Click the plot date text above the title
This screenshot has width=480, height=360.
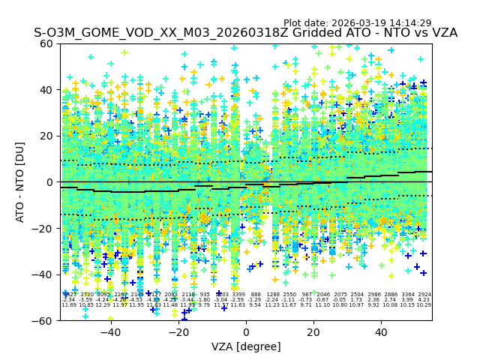(x=357, y=23)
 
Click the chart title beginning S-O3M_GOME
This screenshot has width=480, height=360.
(x=245, y=34)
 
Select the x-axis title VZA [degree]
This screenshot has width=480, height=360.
(x=246, y=346)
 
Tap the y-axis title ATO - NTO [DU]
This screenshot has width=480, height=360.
(x=20, y=182)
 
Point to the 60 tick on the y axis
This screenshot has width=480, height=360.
(x=46, y=43)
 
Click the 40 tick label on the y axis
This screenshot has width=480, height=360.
(x=46, y=90)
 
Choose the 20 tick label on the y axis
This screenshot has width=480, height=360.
(x=46, y=136)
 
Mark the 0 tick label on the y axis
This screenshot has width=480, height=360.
(x=49, y=182)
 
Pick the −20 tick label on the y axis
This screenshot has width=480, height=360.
(x=43, y=228)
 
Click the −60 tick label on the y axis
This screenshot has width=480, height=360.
(x=43, y=320)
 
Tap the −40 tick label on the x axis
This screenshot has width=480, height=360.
(x=109, y=331)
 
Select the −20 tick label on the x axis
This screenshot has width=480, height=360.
(x=178, y=331)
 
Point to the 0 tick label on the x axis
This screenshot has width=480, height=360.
(x=246, y=331)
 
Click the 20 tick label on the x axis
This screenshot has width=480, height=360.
(x=313, y=331)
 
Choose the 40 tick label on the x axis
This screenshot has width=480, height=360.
(x=381, y=331)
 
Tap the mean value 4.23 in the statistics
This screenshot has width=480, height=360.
(x=424, y=300)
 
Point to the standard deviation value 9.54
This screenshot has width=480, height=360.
(x=256, y=305)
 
